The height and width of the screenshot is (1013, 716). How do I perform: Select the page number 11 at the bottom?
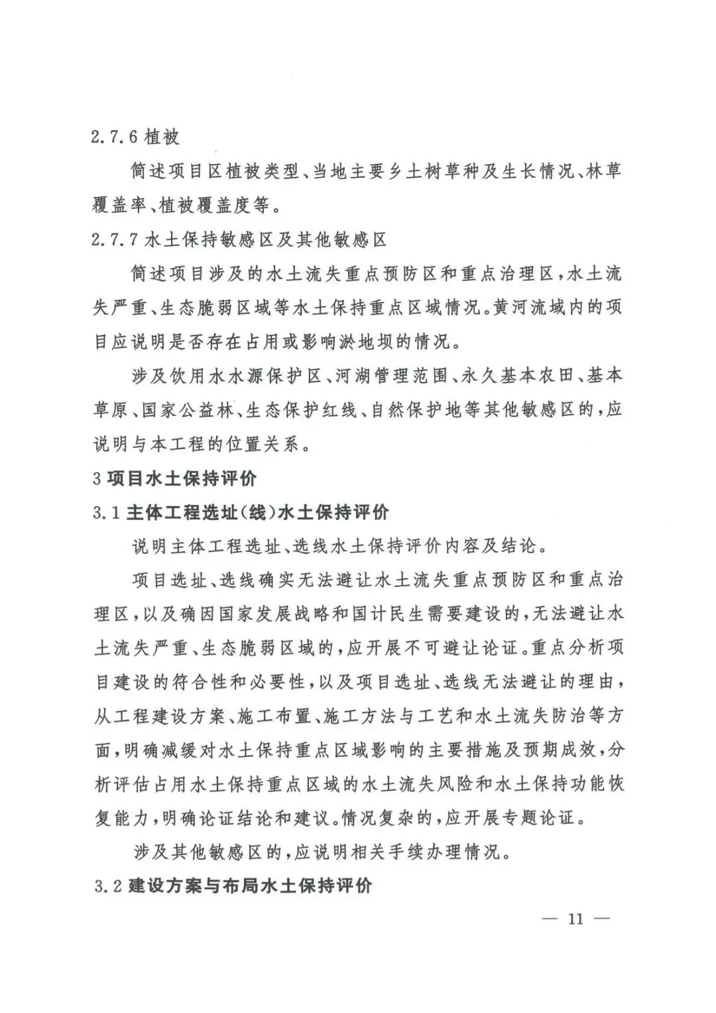click(575, 919)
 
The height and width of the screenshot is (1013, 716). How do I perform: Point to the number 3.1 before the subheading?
click(106, 512)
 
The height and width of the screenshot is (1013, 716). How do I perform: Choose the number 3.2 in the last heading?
click(106, 886)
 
